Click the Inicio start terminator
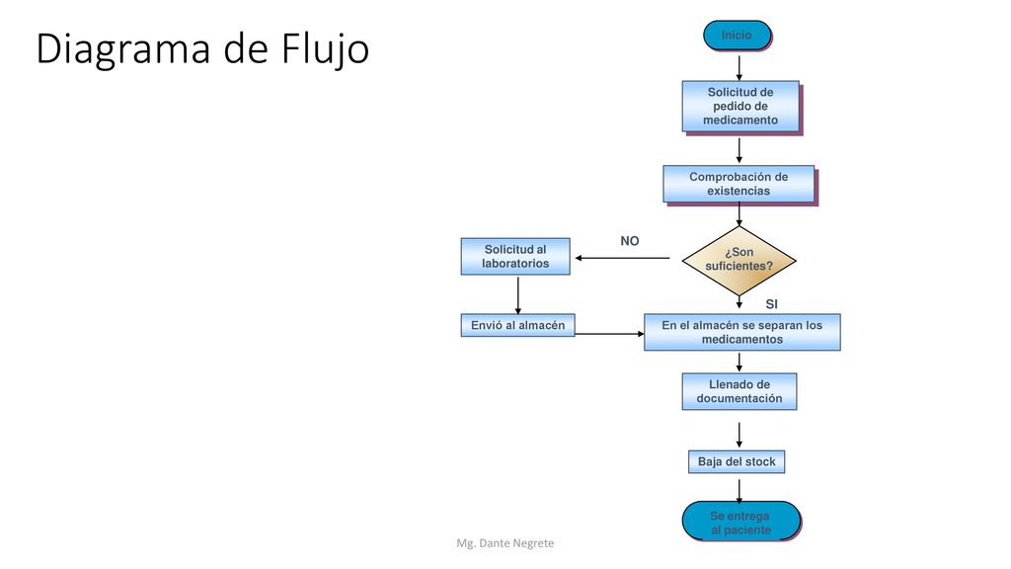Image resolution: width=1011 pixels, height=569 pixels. [737, 36]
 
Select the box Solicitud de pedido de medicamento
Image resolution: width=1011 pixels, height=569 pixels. [740, 107]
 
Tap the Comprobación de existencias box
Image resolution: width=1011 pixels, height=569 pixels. [739, 184]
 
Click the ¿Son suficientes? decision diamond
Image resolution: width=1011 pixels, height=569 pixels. [739, 260]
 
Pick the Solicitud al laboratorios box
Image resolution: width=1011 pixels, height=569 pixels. [515, 256]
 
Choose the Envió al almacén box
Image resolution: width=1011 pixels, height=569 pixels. [517, 325]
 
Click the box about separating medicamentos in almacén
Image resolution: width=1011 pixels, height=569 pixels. [742, 332]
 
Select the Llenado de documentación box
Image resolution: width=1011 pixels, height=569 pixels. [739, 391]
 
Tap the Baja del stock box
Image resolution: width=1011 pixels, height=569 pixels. [737, 462]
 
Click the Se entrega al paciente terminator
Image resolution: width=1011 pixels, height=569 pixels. [740, 522]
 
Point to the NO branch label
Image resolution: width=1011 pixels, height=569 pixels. [630, 241]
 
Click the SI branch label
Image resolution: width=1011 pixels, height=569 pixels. [772, 304]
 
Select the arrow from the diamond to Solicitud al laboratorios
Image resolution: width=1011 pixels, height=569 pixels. [622, 258]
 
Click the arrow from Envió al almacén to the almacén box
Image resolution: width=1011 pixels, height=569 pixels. [609, 334]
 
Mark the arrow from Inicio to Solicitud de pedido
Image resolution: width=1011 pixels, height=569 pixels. [739, 68]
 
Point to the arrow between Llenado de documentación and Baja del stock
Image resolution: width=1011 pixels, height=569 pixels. [739, 436]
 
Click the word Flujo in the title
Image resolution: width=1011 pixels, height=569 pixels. [325, 48]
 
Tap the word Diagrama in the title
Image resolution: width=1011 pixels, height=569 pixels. [123, 48]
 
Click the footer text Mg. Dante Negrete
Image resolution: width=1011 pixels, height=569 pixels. [505, 543]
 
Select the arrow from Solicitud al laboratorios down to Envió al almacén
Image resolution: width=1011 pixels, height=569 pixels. [517, 294]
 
